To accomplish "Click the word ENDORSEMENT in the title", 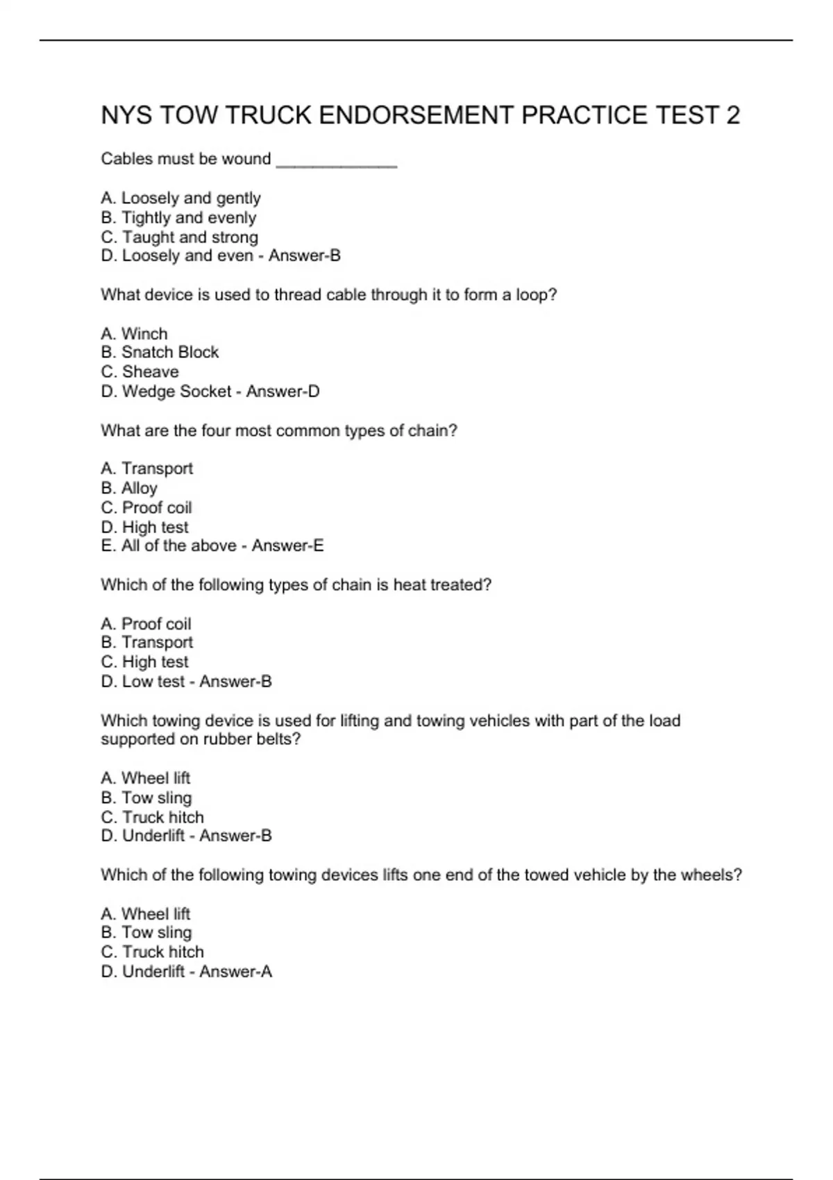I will click(x=414, y=115).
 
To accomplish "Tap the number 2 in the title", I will click(x=733, y=115).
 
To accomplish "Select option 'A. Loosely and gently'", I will click(x=180, y=199).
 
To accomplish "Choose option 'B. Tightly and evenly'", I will click(x=178, y=218).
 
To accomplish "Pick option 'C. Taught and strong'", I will click(x=179, y=237).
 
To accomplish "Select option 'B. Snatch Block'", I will click(x=160, y=353).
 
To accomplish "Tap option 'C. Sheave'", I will click(x=140, y=372).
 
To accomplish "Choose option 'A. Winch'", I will click(x=134, y=334).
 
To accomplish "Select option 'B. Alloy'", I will click(x=129, y=489).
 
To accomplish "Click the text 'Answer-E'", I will click(x=287, y=546).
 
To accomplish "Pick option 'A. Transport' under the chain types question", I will click(x=146, y=469).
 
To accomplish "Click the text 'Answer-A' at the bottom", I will click(x=235, y=972).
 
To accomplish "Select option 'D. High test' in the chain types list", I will click(x=144, y=528).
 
